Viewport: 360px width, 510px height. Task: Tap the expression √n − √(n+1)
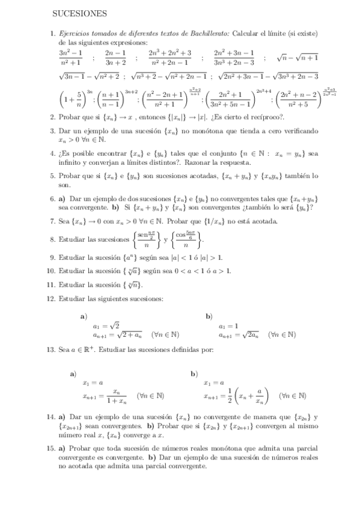click(297, 58)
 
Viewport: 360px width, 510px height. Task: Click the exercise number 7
click(52, 221)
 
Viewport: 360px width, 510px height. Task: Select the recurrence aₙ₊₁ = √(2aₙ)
click(240, 335)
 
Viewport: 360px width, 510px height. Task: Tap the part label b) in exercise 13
click(194, 373)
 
